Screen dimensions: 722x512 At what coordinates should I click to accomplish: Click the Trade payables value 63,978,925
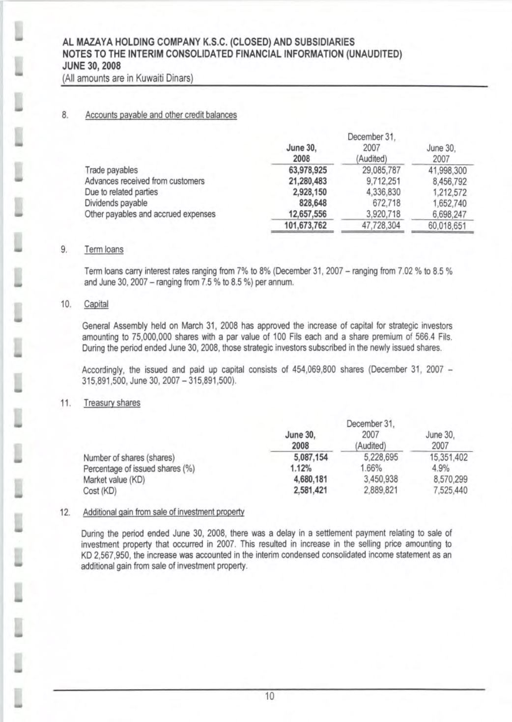[x=307, y=170]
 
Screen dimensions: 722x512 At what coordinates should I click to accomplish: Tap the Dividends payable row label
[x=116, y=203]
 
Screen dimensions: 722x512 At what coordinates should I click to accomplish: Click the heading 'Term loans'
[x=104, y=249]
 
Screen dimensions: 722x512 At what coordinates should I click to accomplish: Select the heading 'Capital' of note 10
[x=96, y=304]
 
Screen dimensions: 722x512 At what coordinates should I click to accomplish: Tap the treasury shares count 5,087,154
[x=307, y=457]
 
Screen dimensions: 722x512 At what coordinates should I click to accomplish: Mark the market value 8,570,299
[x=447, y=479]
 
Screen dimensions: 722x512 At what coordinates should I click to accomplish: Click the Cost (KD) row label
[x=100, y=490]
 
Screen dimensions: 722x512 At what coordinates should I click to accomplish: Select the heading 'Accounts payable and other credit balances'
[x=161, y=115]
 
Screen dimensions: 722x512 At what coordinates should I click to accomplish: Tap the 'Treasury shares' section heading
[x=112, y=403]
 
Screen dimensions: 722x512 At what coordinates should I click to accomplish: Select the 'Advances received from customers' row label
[x=144, y=181]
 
